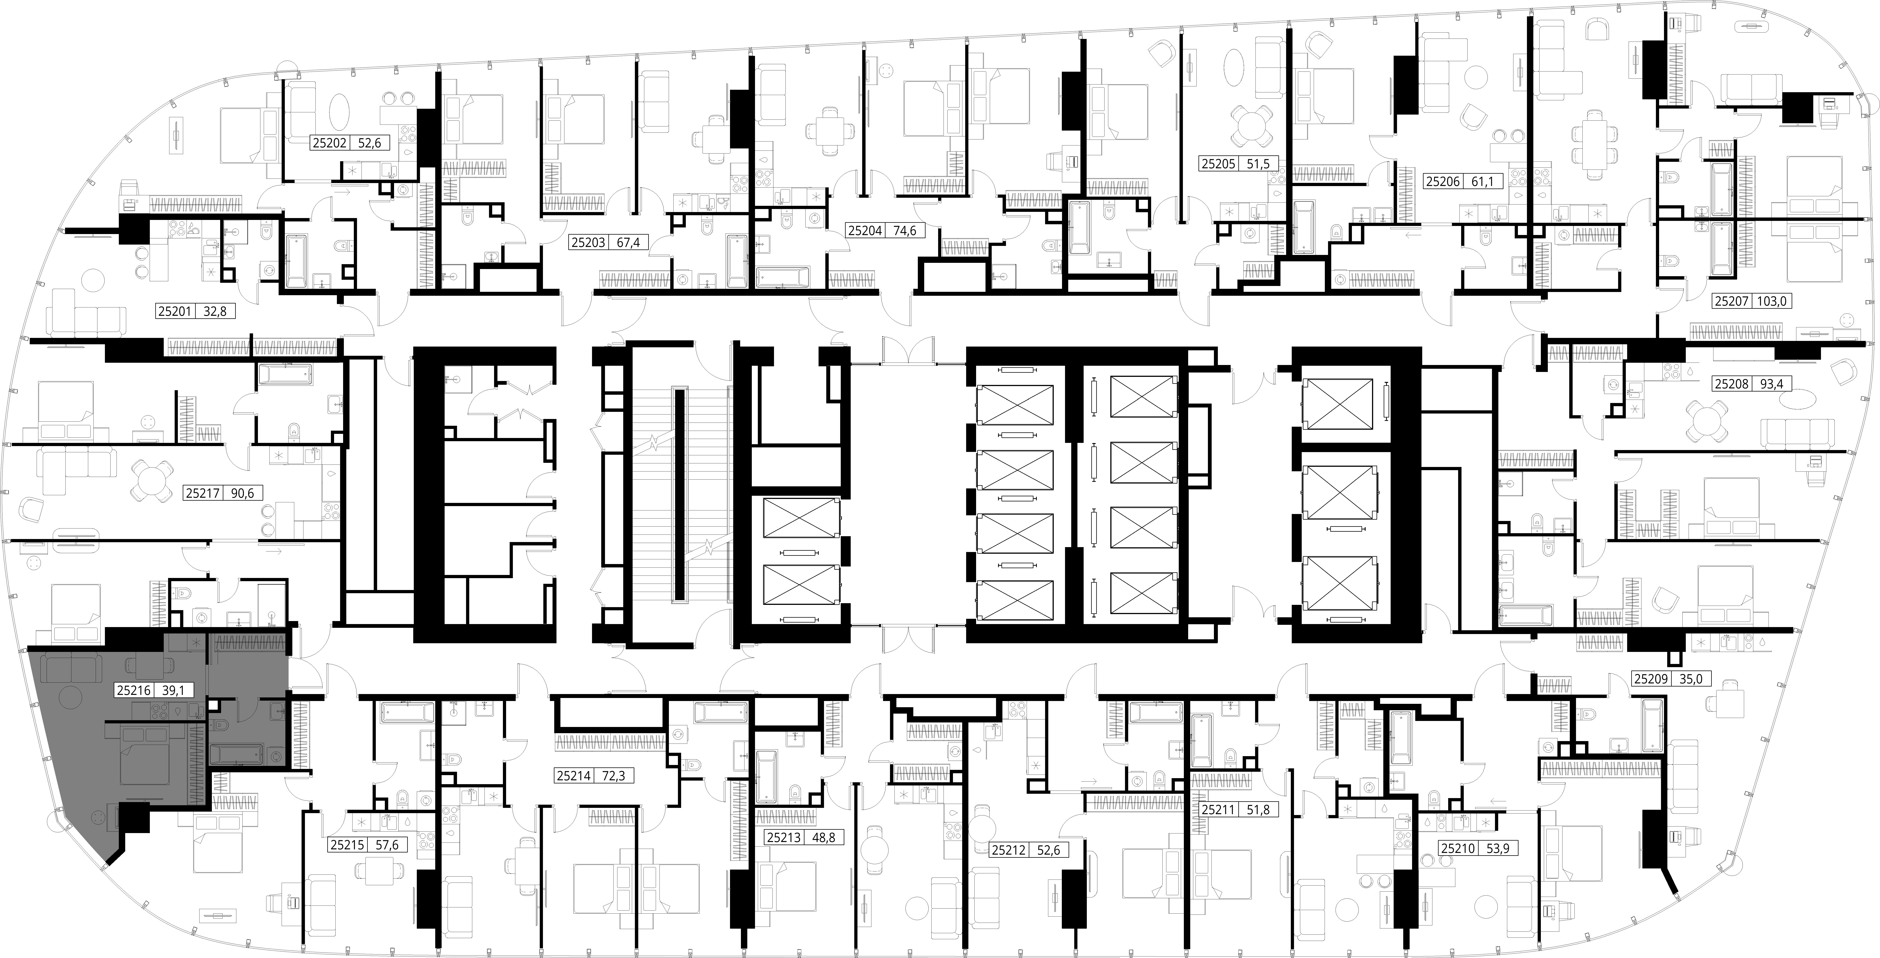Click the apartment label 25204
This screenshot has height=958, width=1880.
pos(865,231)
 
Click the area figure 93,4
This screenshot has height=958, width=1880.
pos(1772,383)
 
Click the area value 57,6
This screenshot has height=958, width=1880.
pos(387,845)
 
